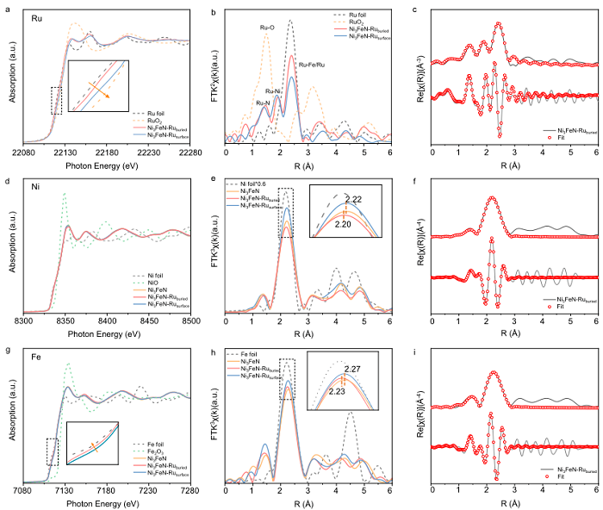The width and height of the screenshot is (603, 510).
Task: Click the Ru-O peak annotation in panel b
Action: click(x=268, y=28)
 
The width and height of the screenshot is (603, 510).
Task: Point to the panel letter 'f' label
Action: click(x=416, y=176)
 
